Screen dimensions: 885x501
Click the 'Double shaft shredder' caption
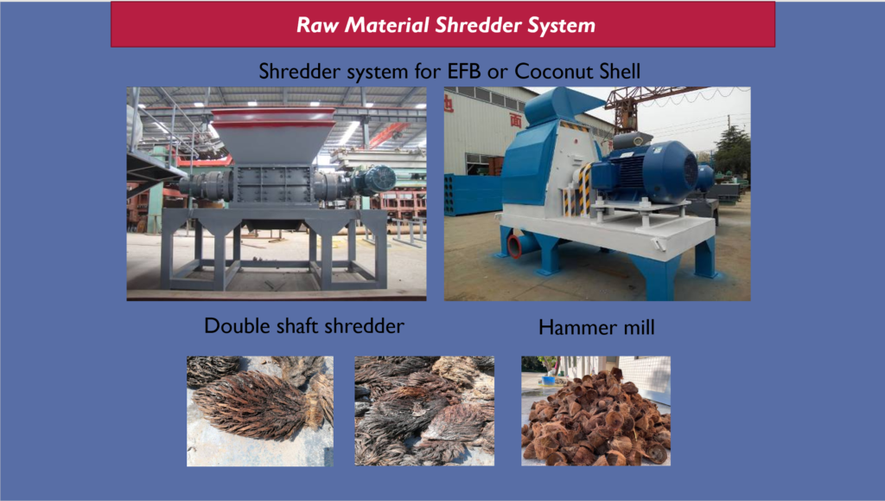pos(304,326)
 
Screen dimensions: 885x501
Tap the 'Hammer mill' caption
pos(596,327)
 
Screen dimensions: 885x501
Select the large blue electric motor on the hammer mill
pos(646,171)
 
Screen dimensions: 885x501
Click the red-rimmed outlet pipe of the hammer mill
pos(517,246)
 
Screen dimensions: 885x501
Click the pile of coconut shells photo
pos(596,411)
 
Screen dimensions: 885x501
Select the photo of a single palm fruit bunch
pos(260,411)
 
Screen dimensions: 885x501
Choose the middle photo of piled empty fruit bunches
pos(424,411)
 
